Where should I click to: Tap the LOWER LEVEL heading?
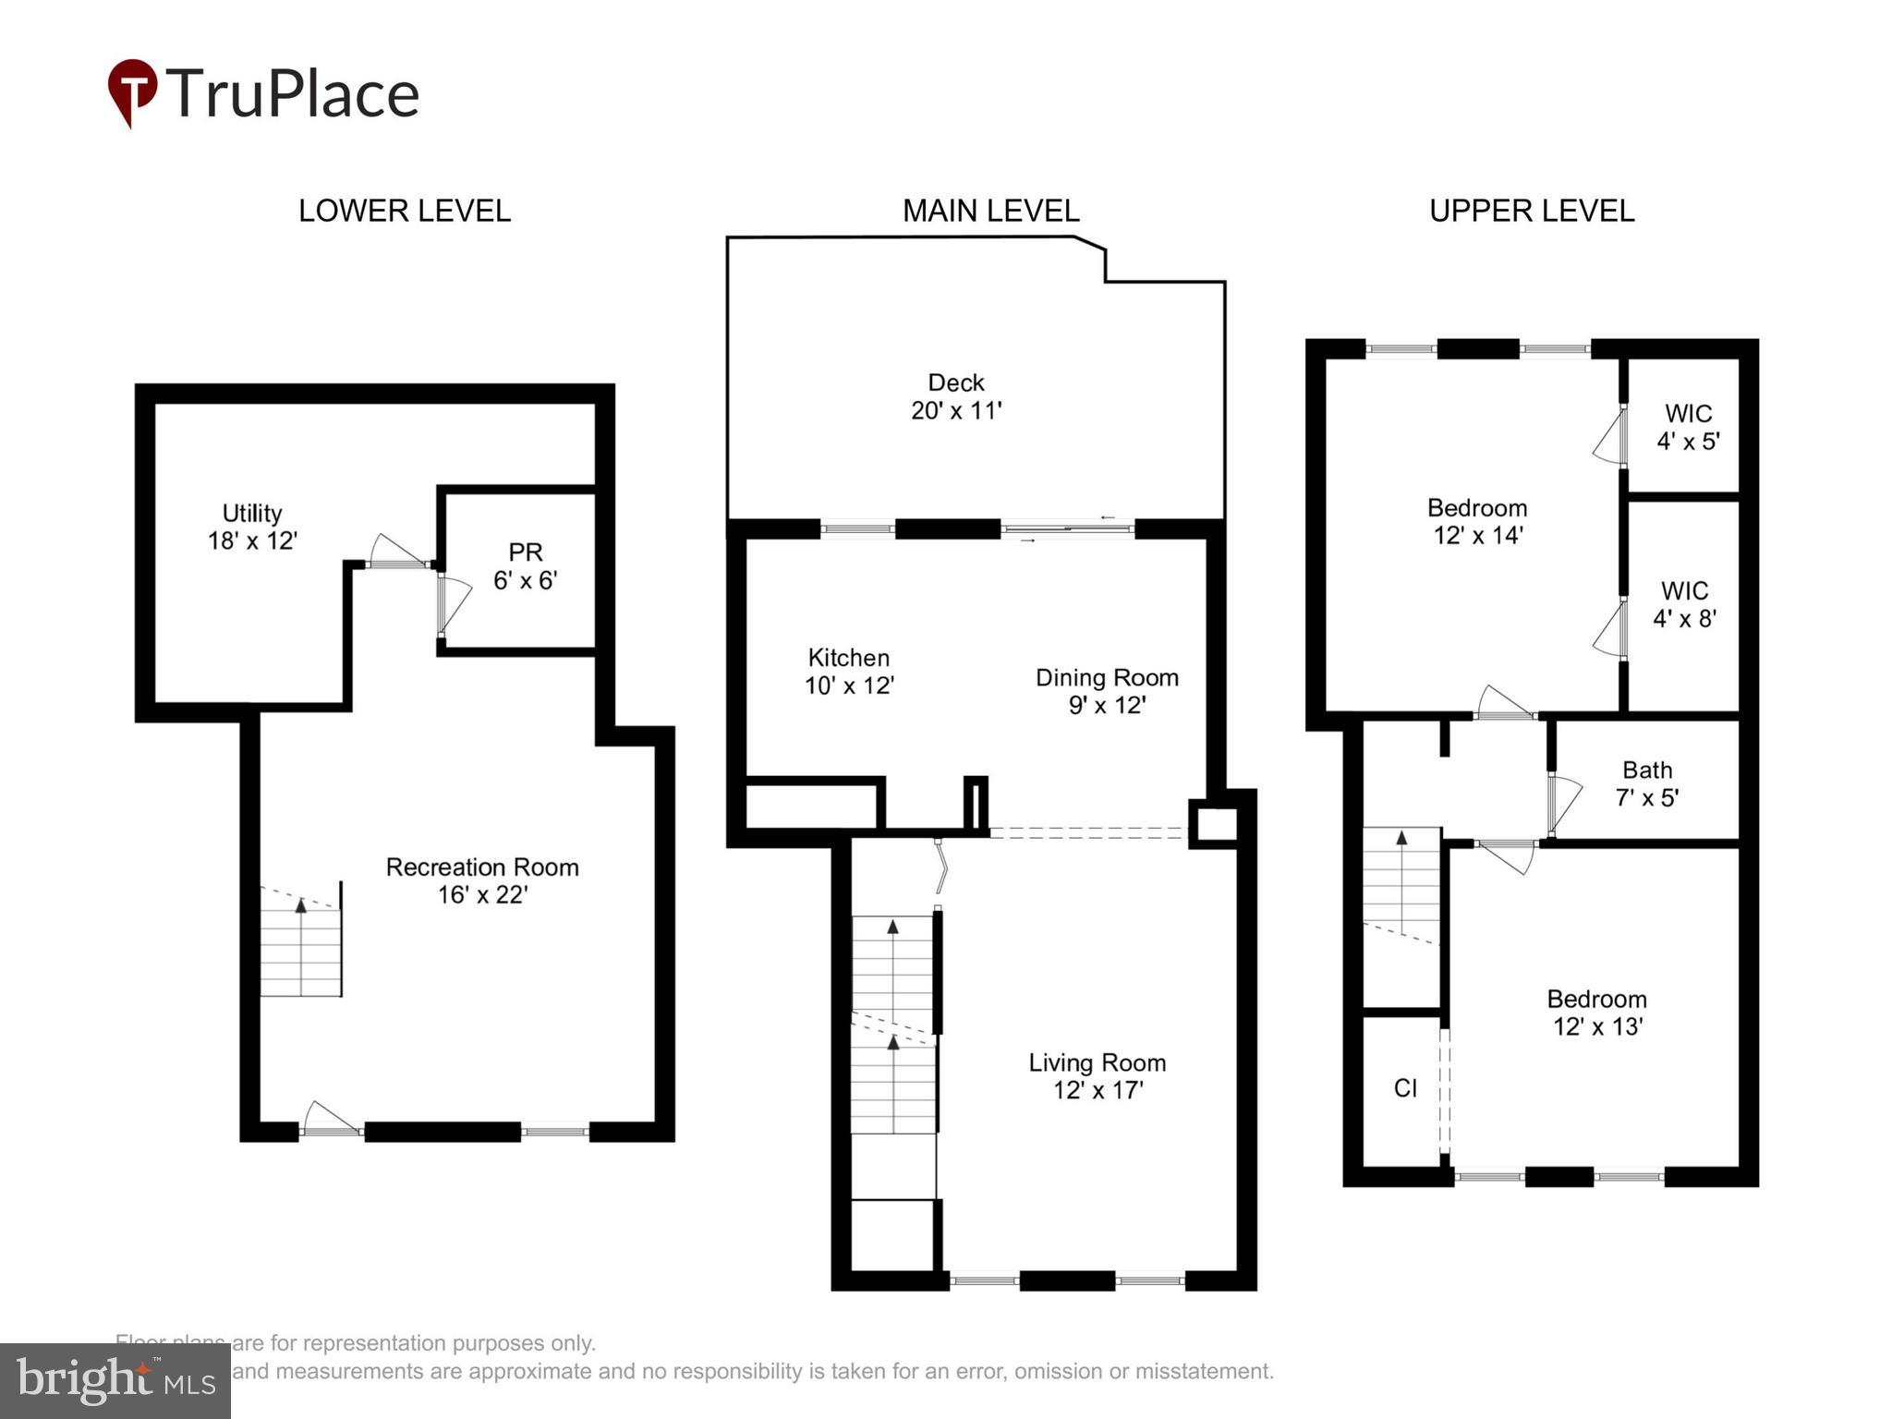pos(404,211)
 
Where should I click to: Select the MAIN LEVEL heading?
pos(990,211)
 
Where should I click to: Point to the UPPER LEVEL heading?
pos(1531,211)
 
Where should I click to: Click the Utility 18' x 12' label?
pos(252,527)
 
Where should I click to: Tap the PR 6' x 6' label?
pos(525,565)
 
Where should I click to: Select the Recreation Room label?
pos(481,880)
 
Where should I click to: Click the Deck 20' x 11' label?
pos(956,396)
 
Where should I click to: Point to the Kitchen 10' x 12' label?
pos(848,671)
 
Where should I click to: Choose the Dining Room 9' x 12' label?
pos(1107,691)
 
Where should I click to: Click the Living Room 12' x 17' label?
pos(1098,1075)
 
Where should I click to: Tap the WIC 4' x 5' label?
pos(1688,427)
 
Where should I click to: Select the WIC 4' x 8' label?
pos(1684,604)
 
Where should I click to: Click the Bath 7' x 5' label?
pos(1646,783)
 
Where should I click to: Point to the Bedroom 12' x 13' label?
pos(1596,1013)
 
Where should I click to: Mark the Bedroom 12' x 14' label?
pos(1476,521)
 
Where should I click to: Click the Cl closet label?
pos(1404,1088)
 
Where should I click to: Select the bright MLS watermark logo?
pos(115,1380)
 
